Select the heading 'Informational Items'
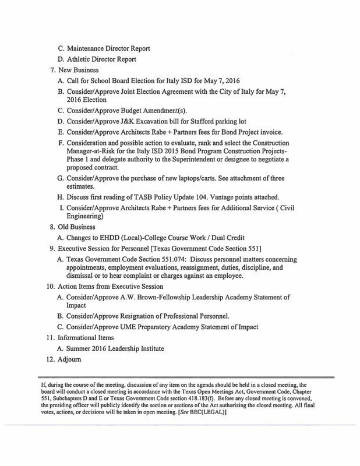(89, 337)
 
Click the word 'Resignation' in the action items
(140, 315)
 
